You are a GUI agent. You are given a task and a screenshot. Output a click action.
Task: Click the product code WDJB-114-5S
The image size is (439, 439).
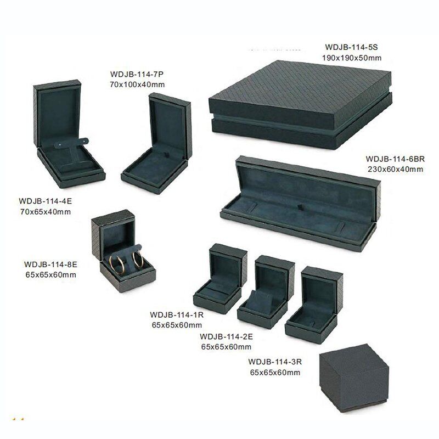tap(351, 47)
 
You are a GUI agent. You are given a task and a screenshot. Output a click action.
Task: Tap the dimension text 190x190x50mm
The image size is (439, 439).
tap(351, 58)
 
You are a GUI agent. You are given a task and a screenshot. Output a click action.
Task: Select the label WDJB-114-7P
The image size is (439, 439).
tap(137, 74)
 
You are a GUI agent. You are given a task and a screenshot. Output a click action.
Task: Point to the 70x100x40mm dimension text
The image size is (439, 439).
tap(137, 85)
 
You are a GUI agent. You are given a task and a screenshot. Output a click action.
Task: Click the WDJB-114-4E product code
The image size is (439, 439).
tap(46, 201)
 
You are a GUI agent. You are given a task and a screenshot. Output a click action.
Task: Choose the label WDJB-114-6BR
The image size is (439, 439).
tap(395, 159)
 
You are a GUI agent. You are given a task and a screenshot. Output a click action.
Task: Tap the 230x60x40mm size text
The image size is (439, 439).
tap(395, 170)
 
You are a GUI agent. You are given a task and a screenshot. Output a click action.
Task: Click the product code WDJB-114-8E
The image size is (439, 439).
tap(50, 264)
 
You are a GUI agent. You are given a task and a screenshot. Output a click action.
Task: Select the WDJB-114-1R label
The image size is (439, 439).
tap(177, 314)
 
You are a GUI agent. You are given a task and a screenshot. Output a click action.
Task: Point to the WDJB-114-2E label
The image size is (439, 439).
tap(226, 336)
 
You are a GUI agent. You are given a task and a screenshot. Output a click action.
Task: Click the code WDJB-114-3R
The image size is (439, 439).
tap(275, 362)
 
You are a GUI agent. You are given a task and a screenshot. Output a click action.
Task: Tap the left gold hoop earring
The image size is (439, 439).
tap(116, 264)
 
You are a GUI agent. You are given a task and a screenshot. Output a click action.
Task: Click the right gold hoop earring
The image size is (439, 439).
tap(138, 260)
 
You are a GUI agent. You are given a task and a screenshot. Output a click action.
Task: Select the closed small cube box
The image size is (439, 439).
tap(354, 378)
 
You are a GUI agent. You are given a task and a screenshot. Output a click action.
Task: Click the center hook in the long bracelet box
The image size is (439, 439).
tap(300, 207)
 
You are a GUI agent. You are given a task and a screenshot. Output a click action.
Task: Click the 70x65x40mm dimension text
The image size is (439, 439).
tap(46, 212)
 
